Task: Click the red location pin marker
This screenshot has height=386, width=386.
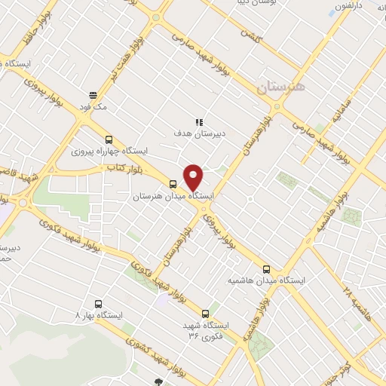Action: coord(194,176)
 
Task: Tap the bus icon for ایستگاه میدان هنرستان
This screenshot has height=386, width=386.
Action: coord(173,184)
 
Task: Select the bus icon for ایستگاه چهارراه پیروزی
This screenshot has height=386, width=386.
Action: coord(109,139)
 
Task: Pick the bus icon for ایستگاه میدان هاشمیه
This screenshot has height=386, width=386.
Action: coord(266,268)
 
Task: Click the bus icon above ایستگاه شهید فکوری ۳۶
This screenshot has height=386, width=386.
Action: coord(205,314)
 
